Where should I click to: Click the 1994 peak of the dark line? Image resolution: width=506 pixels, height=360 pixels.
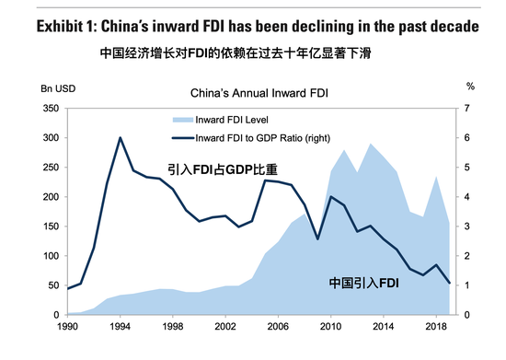pos(121,137)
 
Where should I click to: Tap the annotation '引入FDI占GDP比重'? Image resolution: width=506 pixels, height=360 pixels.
pos(222,169)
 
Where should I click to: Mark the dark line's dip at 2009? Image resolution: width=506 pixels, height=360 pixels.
pos(317,239)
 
